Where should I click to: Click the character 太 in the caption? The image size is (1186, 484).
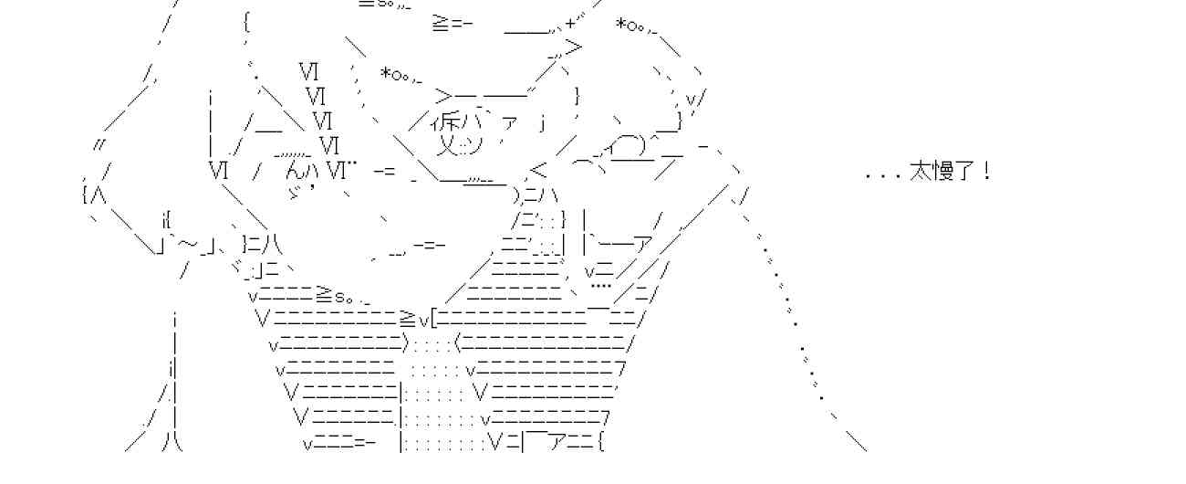click(920, 172)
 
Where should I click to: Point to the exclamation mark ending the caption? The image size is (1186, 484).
click(986, 172)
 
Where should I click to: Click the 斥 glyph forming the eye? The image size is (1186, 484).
click(449, 122)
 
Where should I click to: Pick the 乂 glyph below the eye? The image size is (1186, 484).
click(449, 144)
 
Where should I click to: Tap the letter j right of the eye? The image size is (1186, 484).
click(542, 122)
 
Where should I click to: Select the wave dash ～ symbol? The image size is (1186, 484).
click(187, 244)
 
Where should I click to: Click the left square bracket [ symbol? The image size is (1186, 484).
click(434, 319)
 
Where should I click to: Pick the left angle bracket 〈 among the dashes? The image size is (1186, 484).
click(457, 344)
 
